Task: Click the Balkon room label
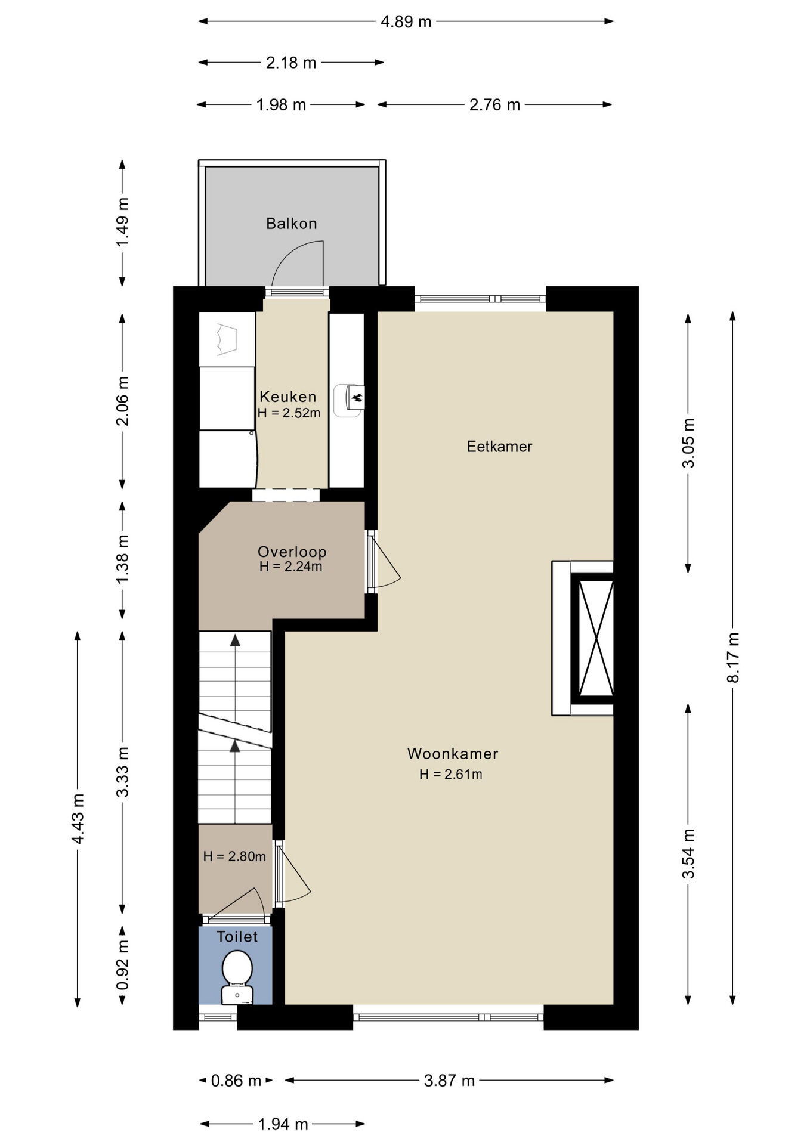(x=291, y=224)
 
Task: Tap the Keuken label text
(x=288, y=397)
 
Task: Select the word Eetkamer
(x=499, y=446)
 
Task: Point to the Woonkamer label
(x=453, y=753)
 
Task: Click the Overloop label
(x=292, y=552)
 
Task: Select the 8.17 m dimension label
(x=733, y=657)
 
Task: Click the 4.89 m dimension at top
(x=406, y=22)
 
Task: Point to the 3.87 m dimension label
(x=449, y=1080)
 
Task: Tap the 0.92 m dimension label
(x=122, y=965)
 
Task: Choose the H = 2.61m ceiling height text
(x=450, y=774)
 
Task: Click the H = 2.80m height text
(x=234, y=856)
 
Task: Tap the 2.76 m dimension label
(x=494, y=105)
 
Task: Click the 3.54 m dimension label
(x=688, y=853)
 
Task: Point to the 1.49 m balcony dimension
(x=122, y=222)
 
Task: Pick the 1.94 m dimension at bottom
(x=283, y=1124)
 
